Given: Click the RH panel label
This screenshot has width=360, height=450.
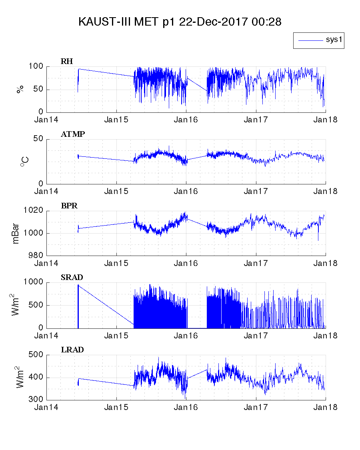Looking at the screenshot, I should click(x=67, y=61).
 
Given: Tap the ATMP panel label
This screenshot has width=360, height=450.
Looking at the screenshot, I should click(x=72, y=134).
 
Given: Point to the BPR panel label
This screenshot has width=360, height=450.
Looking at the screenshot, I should click(x=69, y=206).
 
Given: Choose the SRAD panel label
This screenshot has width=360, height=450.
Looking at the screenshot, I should click(x=72, y=278).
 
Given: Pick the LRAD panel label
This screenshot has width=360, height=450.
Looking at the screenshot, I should click(x=72, y=350).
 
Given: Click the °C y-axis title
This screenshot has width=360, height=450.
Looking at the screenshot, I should click(x=24, y=162).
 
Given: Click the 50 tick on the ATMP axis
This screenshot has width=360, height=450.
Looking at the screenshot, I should click(x=38, y=139).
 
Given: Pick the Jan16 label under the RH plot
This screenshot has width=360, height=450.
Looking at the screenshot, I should click(x=186, y=120).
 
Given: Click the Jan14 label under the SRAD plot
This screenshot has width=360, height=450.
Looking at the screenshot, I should click(x=46, y=336).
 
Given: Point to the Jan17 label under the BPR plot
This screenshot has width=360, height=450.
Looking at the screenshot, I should click(x=256, y=263).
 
